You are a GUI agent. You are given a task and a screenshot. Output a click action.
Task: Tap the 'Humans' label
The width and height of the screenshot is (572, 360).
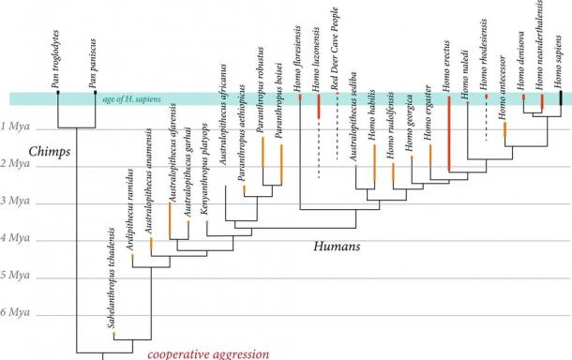338,247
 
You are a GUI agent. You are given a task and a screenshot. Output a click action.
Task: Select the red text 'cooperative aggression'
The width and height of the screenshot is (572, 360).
207,353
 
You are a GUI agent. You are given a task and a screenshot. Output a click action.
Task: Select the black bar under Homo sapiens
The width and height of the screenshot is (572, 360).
561,97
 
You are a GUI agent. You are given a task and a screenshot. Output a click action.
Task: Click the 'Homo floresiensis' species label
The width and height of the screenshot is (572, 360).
299,53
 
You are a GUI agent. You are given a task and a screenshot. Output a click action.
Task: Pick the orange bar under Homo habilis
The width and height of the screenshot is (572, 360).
374,165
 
